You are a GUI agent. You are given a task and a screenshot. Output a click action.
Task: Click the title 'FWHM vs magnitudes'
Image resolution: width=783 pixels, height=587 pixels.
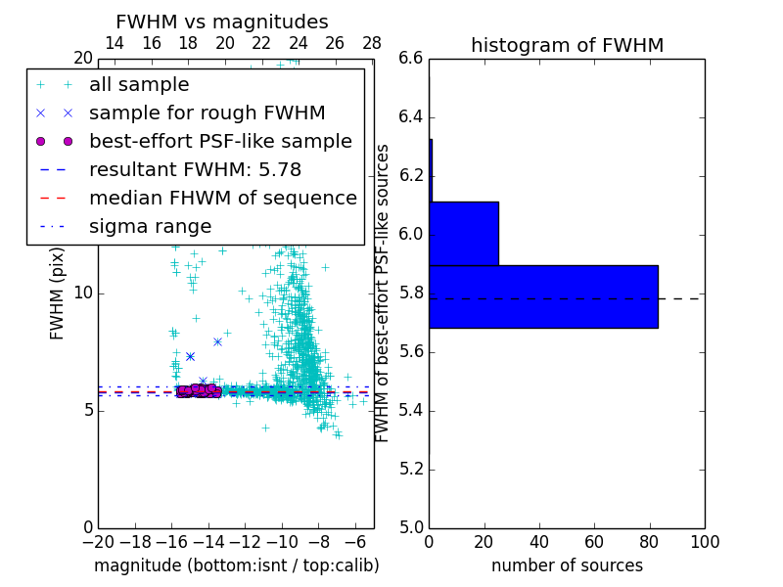222,22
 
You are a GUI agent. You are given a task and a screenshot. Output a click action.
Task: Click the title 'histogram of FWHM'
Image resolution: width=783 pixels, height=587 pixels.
567,45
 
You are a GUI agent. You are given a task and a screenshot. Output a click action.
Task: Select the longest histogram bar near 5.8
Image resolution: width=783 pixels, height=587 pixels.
543,296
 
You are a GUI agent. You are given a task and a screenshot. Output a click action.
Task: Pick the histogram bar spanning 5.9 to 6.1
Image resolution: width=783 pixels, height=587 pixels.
464,233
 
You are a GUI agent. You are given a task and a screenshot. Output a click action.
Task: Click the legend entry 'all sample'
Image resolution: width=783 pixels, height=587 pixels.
139,85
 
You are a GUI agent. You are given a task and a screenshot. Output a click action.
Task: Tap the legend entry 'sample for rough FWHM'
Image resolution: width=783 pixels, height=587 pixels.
207,113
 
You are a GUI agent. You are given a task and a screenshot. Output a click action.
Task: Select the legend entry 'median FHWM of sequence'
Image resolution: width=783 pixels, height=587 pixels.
222,198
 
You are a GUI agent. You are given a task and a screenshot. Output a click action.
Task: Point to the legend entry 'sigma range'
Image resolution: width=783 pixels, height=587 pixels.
150,226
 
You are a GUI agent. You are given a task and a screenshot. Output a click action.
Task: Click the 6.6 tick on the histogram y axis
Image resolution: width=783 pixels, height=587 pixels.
411,59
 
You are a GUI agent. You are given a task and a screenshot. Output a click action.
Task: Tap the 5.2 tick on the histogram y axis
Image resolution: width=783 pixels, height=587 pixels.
411,469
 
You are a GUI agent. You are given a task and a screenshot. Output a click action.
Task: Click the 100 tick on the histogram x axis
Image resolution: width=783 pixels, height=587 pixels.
704,542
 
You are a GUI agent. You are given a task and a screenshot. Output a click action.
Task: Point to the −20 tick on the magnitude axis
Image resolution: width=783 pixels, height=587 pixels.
98,542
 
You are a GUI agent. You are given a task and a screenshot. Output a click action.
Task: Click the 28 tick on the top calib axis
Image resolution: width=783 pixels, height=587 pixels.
372,43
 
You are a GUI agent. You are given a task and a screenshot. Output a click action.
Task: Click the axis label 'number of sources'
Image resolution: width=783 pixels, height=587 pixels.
567,565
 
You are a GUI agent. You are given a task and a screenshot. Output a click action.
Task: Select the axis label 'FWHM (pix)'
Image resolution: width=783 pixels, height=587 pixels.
58,293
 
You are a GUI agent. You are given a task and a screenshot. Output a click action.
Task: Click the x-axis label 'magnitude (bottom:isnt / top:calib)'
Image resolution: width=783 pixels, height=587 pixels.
236,565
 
